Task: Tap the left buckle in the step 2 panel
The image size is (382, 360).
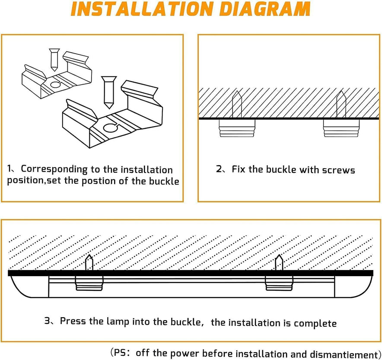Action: [x=237, y=128]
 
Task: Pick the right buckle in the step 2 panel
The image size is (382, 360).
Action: [x=341, y=128]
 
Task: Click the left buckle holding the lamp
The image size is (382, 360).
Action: [x=89, y=283]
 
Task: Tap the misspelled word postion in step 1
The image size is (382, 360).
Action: [x=89, y=181]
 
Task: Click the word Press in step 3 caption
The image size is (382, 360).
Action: [x=71, y=321]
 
